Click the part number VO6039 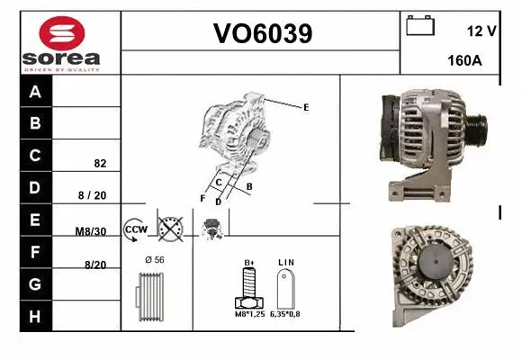pos(262,34)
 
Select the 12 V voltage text pos(481,31)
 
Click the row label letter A pos(35,92)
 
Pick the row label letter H pos(35,316)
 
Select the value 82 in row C pos(100,165)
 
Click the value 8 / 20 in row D pos(92,194)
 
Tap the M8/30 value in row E pos(91,231)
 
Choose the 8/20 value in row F pos(94,265)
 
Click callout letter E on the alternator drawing pos(306,107)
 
